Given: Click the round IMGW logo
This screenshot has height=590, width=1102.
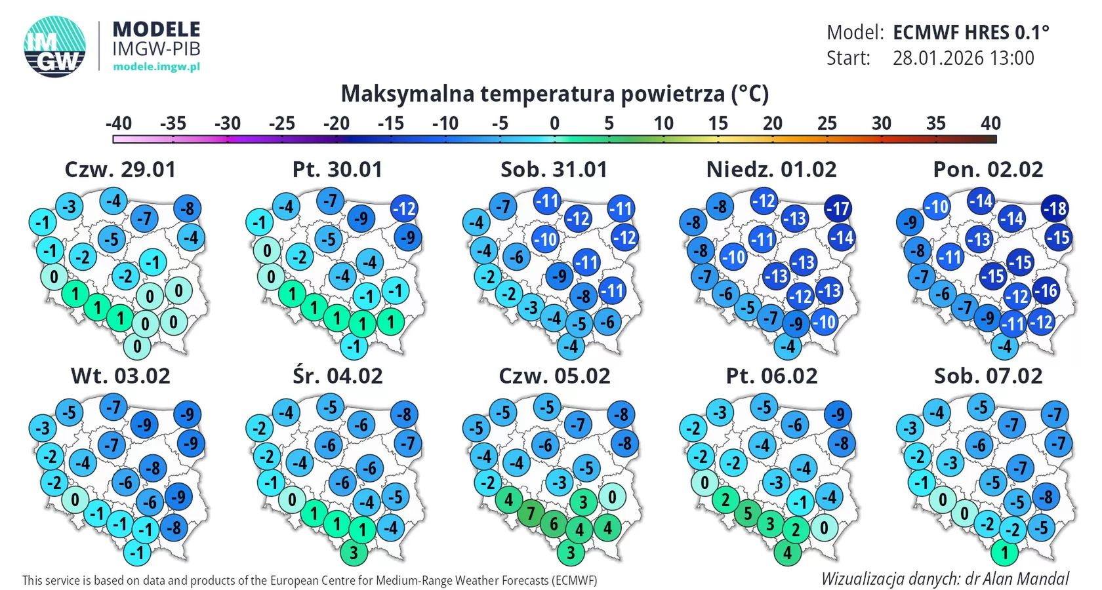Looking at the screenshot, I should click(x=55, y=46).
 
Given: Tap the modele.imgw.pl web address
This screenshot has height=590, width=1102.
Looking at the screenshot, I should click(x=156, y=66).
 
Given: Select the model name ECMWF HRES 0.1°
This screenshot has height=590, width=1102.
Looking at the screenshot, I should click(x=971, y=32).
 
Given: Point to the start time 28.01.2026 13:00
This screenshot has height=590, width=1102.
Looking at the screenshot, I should click(x=963, y=58).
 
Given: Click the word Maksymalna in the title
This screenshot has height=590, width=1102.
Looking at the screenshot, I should click(x=407, y=94).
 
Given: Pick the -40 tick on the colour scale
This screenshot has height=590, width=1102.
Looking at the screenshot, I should click(x=119, y=123).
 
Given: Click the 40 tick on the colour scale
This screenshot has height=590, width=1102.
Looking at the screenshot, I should click(x=990, y=123).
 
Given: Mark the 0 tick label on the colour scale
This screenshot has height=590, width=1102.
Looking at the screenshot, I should click(x=554, y=123).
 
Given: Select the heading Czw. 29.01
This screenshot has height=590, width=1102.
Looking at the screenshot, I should click(x=121, y=170).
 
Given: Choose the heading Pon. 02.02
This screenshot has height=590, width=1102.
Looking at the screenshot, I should click(x=988, y=170).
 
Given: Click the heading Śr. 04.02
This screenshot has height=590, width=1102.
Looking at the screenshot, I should click(x=337, y=376).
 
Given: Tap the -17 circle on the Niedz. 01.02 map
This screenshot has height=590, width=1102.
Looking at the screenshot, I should click(x=838, y=208).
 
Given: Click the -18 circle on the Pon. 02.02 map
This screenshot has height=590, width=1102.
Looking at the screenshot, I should click(x=1055, y=208).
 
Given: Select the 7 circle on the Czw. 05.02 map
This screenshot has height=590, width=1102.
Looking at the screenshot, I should click(x=531, y=513).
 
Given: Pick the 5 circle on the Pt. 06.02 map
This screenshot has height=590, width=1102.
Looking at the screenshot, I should click(x=748, y=513).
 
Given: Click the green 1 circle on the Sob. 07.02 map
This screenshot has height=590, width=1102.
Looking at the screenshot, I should click(x=1004, y=553).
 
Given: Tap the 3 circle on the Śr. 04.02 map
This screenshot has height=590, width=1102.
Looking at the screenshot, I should click(x=354, y=553).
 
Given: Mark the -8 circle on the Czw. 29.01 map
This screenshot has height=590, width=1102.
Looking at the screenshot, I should click(x=188, y=208).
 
